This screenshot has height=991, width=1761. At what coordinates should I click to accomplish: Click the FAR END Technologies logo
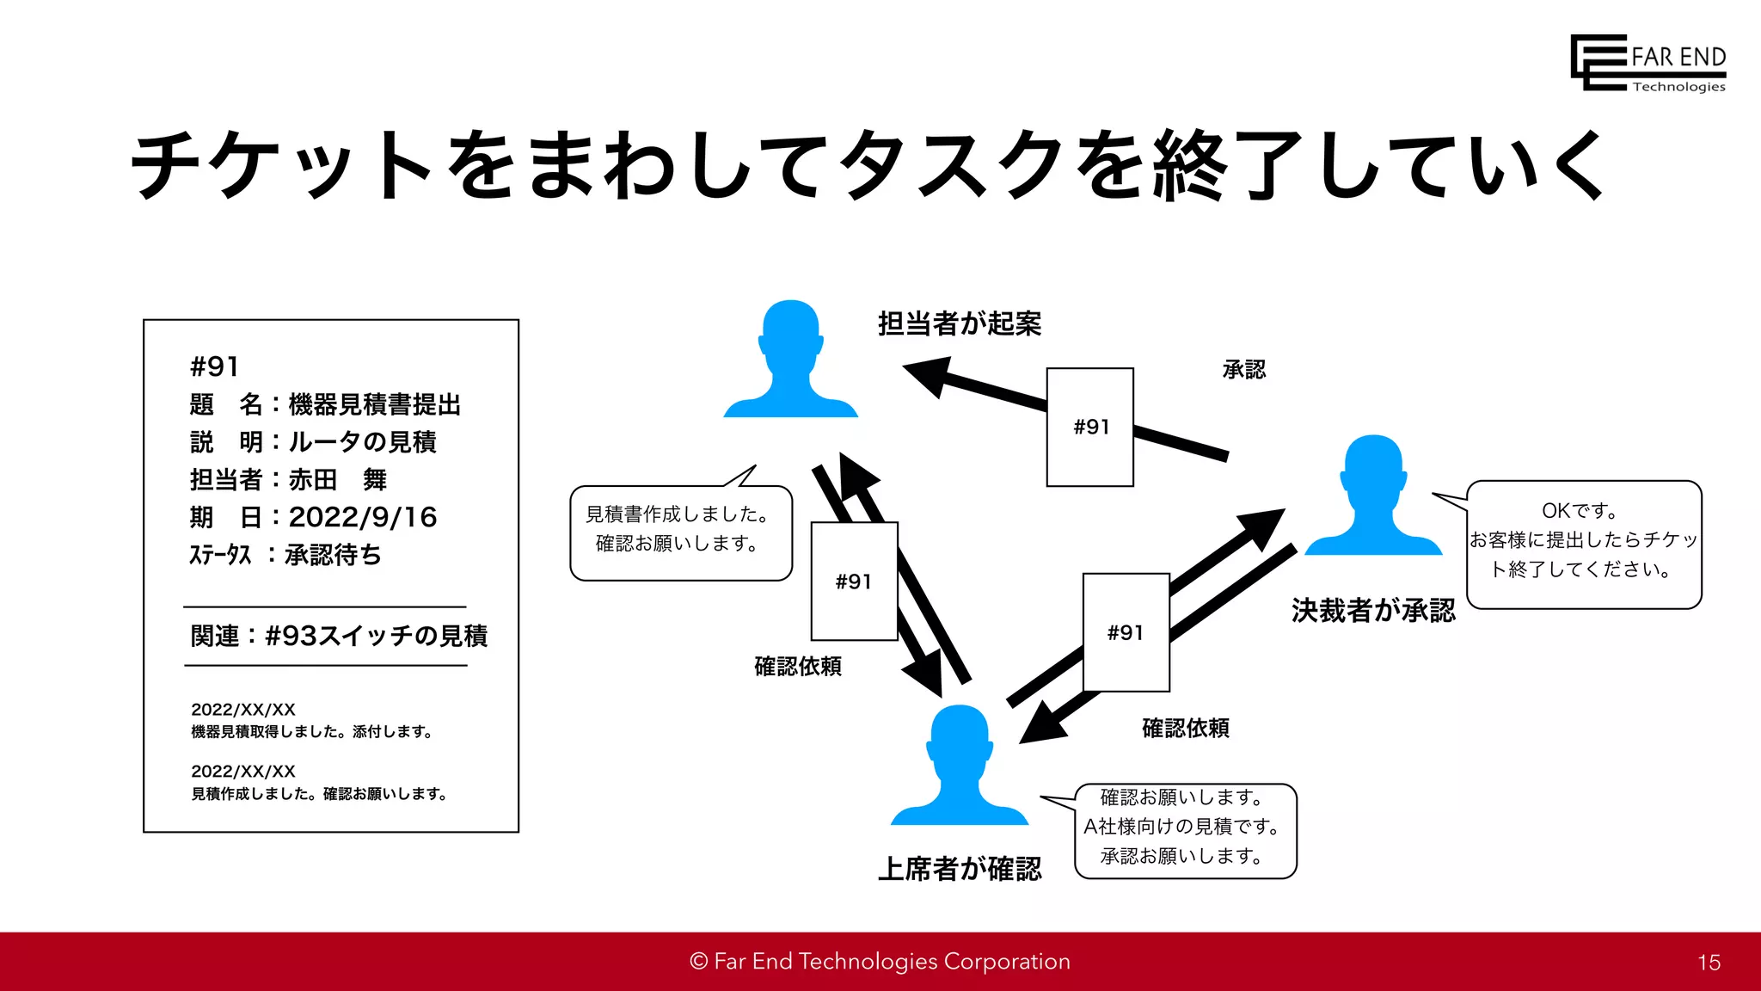point(1647,63)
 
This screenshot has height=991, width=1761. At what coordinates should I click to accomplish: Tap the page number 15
point(1709,963)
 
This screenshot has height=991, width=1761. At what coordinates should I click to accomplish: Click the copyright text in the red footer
point(880,961)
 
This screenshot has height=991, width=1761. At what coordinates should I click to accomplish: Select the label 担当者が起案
point(959,323)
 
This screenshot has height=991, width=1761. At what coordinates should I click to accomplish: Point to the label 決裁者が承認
point(1372,610)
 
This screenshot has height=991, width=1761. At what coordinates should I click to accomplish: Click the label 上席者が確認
point(959,868)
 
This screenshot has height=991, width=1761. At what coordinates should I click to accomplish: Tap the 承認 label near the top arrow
point(1243,370)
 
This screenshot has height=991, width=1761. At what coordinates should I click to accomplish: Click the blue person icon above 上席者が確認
point(959,766)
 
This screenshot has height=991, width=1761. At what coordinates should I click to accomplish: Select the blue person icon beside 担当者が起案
point(790,360)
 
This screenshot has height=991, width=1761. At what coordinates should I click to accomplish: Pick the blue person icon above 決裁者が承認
point(1372,495)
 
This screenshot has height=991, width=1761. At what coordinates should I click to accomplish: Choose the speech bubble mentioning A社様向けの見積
point(1185,829)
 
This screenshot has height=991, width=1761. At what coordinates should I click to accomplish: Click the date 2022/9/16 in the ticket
point(362,517)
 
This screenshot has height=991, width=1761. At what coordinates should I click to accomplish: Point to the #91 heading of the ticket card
point(214,366)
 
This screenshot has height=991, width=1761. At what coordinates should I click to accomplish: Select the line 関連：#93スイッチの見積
point(338,636)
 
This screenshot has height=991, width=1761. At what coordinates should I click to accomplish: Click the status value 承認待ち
point(333,555)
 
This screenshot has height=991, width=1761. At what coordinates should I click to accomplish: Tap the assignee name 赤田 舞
point(337,479)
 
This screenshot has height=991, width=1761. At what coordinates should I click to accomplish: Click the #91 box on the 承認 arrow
point(1089,427)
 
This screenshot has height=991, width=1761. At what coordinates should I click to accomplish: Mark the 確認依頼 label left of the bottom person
point(797,666)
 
